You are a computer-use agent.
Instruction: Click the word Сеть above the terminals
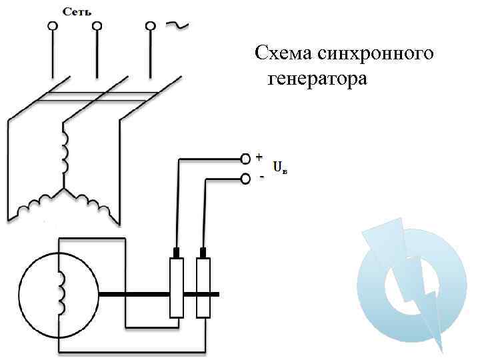click(x=77, y=11)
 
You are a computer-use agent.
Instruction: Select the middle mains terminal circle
click(x=97, y=27)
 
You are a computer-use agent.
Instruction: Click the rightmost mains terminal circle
click(x=151, y=27)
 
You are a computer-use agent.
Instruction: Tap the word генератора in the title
click(x=317, y=80)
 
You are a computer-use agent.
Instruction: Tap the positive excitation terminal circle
click(x=245, y=158)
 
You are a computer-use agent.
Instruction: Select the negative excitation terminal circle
click(x=245, y=178)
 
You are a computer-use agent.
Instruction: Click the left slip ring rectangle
click(x=177, y=288)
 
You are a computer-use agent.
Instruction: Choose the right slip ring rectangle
click(x=203, y=288)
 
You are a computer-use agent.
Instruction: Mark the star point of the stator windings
click(x=64, y=189)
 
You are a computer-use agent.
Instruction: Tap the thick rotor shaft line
click(x=133, y=294)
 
